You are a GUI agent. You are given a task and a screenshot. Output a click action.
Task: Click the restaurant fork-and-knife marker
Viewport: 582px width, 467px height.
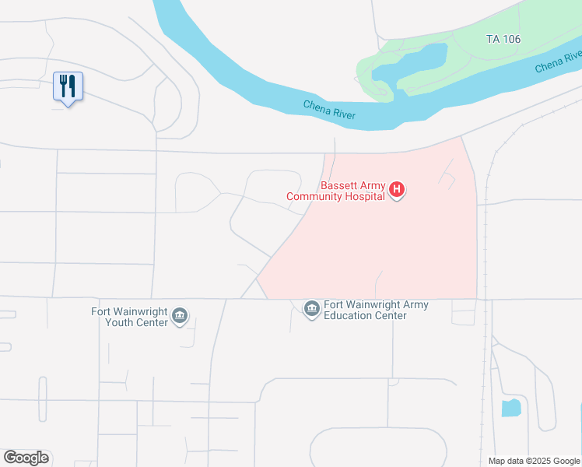point(68,85)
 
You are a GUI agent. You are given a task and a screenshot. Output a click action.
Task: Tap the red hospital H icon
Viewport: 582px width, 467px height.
point(397,189)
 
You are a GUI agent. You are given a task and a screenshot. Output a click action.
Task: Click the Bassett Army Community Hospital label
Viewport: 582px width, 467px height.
point(336,191)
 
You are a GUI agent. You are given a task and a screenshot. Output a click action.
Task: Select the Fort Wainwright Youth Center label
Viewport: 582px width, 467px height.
point(130,317)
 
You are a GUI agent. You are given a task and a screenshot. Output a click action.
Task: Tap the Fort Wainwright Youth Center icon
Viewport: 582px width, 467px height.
point(181,314)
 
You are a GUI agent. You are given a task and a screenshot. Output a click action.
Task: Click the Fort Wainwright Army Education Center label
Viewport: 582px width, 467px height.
point(376,310)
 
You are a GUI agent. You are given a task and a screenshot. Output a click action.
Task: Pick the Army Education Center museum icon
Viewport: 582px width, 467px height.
point(311,309)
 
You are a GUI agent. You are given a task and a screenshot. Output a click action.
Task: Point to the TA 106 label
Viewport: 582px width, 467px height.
point(503,39)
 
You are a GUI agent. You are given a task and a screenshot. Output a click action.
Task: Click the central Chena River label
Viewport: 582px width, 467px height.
point(329,111)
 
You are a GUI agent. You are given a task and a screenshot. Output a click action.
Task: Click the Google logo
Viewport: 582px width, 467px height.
point(26,457)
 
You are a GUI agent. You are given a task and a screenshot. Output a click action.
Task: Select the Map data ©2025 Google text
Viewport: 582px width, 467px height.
point(534,461)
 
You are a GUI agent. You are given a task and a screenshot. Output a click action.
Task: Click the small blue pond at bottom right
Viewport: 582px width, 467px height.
point(510,407)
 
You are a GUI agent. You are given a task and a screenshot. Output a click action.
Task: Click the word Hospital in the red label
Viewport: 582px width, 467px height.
point(365,196)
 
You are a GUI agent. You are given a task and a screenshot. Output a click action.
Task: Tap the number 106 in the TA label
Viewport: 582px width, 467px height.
point(510,39)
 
